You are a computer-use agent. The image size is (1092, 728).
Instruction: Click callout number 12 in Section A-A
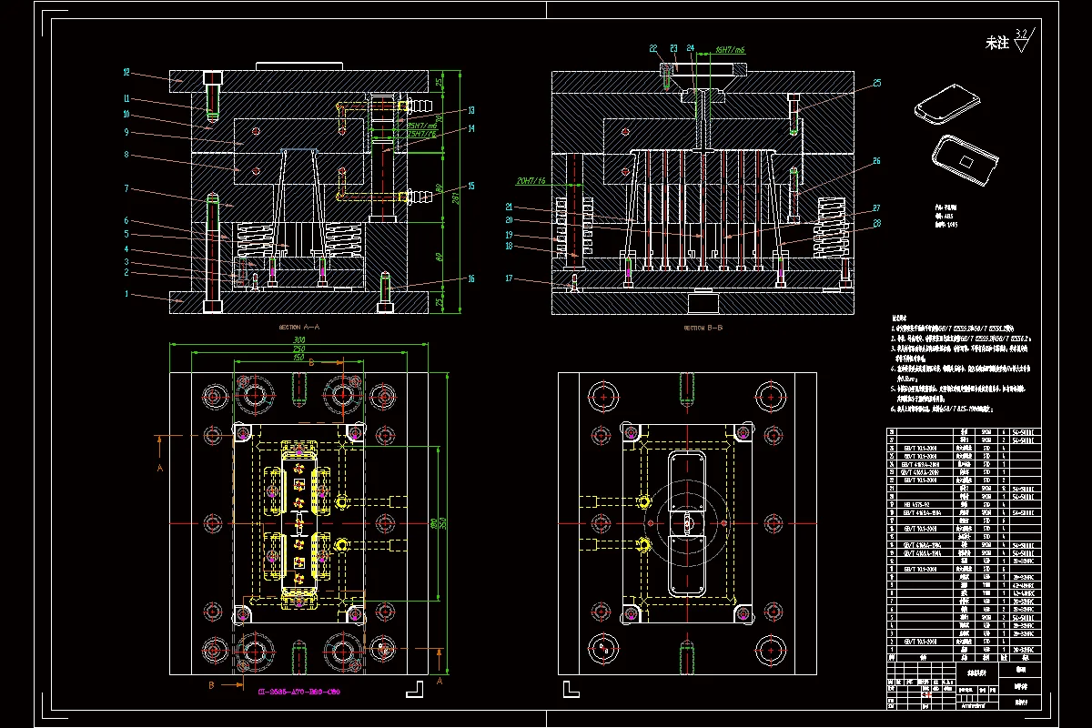tap(127, 71)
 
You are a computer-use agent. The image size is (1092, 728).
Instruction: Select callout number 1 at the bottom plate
tap(127, 294)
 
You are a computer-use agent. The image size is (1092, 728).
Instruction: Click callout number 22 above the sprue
tap(653, 48)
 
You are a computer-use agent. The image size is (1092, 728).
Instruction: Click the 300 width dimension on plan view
tap(298, 340)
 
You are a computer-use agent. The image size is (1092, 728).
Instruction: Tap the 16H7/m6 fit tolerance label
tap(731, 50)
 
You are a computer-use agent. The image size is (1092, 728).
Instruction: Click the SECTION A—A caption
tap(299, 326)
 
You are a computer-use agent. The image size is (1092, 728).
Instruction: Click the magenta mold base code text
tap(294, 692)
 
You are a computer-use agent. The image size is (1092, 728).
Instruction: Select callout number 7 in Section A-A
tap(127, 188)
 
